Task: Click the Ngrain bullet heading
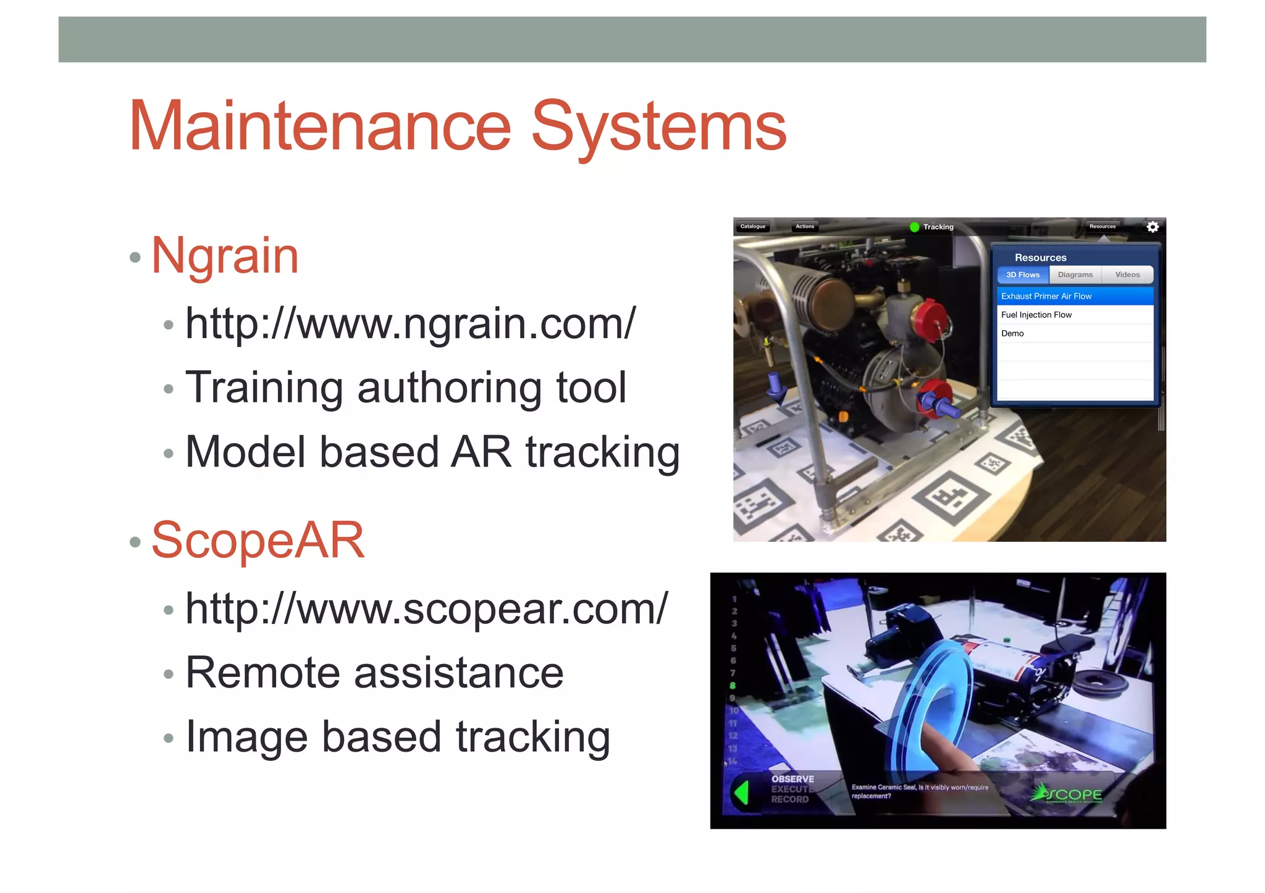point(225,255)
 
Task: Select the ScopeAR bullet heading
point(258,541)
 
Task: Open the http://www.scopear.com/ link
point(426,608)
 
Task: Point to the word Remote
point(263,673)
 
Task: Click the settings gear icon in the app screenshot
point(1153,227)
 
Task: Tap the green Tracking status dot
point(914,227)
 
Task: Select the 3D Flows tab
point(1023,275)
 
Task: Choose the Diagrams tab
point(1075,275)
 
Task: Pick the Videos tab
point(1127,275)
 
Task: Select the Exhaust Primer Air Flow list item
point(1046,296)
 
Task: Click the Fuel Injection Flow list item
point(1036,315)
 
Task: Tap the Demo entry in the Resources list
point(1012,333)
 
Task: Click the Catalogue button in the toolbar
point(753,226)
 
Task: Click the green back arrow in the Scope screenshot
point(742,792)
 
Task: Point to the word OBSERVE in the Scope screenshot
point(792,779)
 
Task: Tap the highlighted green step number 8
point(733,686)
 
